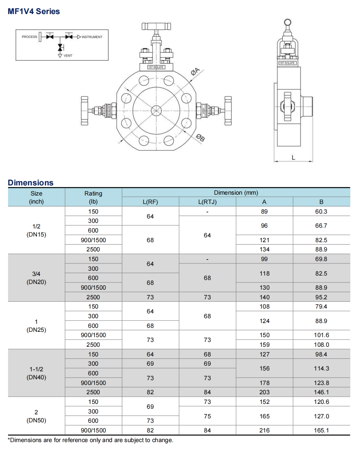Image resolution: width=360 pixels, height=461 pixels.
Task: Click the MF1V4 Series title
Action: [x=34, y=12]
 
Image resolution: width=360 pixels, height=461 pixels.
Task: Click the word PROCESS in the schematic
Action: [x=29, y=37]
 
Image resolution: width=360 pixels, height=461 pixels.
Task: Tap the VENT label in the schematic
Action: [x=68, y=56]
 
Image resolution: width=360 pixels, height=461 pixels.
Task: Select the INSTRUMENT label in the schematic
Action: [x=92, y=37]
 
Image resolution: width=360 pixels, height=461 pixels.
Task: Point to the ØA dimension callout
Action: [x=195, y=71]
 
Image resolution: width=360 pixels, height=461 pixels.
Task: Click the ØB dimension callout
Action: [x=200, y=138]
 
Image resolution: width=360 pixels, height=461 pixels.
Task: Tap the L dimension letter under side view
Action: [x=293, y=158]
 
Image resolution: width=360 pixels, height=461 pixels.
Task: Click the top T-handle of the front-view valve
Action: [x=156, y=27]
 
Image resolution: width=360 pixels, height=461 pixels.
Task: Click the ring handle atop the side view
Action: [x=288, y=22]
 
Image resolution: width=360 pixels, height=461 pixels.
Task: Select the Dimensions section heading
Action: [x=31, y=183]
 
